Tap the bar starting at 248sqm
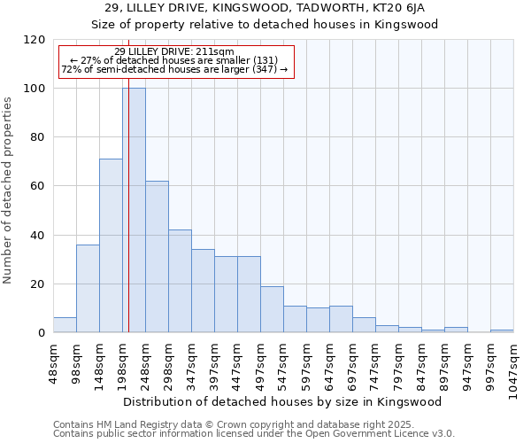[x=157, y=257]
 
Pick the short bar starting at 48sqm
[x=65, y=325]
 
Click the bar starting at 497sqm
[x=272, y=309]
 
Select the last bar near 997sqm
[x=502, y=330]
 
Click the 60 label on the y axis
[x=38, y=186]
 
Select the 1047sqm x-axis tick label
[x=513, y=367]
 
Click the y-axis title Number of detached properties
[x=9, y=190]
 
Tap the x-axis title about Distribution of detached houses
[x=282, y=401]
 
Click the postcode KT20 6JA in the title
[x=403, y=8]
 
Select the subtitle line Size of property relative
[x=265, y=24]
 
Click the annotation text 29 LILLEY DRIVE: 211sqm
[x=174, y=52]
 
